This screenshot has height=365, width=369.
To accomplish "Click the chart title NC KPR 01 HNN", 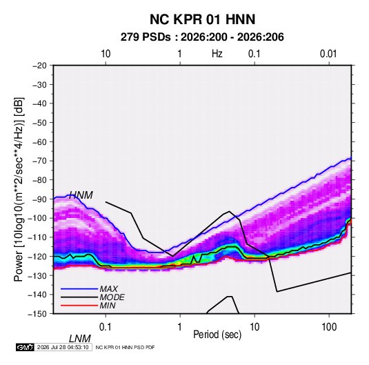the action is (202, 19).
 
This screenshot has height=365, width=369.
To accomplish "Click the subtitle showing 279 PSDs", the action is (202, 37).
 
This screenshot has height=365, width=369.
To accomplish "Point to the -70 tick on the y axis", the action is (39, 161).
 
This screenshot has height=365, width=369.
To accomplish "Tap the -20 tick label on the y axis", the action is (39, 66).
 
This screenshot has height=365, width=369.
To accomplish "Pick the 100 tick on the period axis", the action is (329, 327).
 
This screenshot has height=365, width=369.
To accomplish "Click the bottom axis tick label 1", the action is (180, 327).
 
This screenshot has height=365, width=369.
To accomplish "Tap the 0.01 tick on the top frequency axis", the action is (328, 54).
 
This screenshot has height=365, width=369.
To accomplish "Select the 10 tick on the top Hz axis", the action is (106, 54).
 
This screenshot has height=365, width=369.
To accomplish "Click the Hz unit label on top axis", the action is (217, 54).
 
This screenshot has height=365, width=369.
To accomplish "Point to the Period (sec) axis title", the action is (217, 335).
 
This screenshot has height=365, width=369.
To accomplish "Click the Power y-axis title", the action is (19, 189).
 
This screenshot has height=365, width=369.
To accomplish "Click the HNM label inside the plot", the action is (81, 195).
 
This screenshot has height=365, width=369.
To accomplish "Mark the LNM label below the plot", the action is (80, 339).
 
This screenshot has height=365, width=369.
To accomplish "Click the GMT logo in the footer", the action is (25, 347).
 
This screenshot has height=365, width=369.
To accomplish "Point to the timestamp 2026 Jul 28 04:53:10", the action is (63, 347).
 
